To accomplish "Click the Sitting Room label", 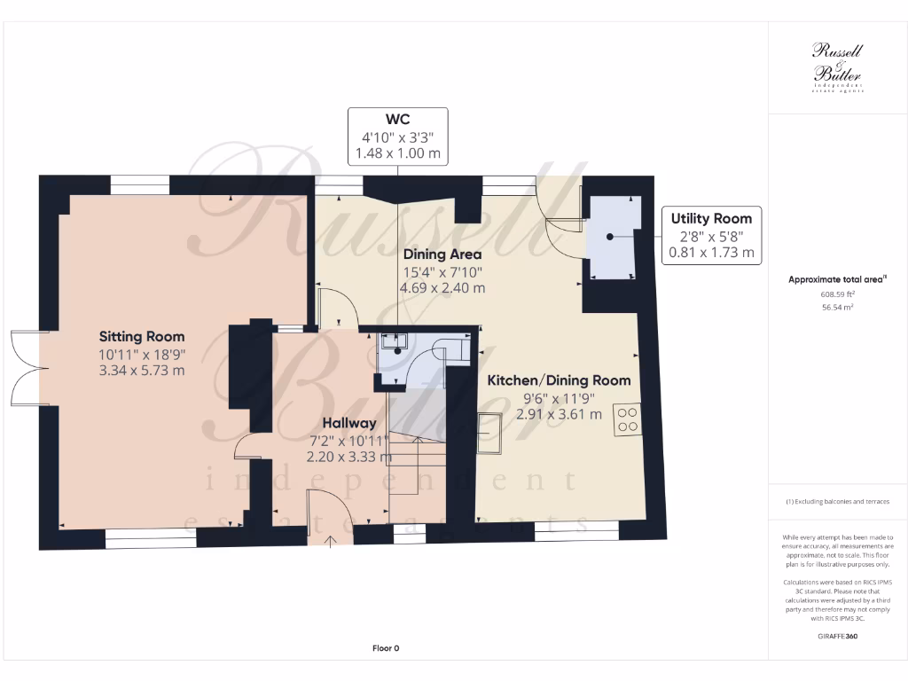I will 142,336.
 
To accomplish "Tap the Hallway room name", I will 348,423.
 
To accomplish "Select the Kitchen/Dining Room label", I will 559,380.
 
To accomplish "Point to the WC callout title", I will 397,120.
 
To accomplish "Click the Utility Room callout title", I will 711,218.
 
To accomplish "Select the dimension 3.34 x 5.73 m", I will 142,370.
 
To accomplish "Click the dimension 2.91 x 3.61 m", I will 559,414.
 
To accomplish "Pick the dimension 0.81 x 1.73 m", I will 711,253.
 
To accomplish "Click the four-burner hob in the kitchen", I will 628,419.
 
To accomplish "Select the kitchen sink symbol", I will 489,434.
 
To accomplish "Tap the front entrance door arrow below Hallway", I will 331,539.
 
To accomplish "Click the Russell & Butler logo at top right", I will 837,67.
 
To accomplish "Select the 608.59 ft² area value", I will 837,294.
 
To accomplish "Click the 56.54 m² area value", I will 837,308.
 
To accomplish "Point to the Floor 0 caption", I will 386,648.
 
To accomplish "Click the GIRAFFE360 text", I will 837,636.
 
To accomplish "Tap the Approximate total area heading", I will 837,279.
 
